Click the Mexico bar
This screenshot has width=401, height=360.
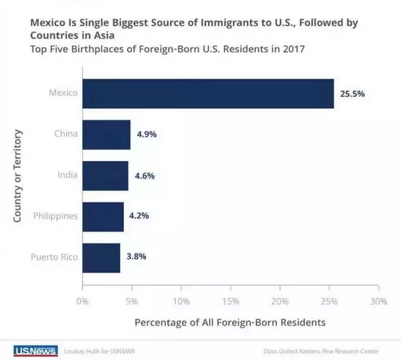coord(208,93)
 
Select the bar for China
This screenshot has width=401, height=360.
coord(106,134)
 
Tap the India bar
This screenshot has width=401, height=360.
coord(105,176)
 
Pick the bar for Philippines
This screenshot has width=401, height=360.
coord(103,216)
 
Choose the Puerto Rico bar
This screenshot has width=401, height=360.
coord(101,258)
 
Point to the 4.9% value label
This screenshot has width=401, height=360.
coord(146,135)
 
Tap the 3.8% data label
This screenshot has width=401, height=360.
coord(136,258)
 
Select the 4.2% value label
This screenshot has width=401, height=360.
coord(139,216)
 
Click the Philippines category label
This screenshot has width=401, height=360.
coord(55,216)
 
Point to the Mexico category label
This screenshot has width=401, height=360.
coord(63,93)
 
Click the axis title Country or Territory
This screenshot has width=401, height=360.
coord(18,176)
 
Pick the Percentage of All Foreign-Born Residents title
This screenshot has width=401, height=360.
coord(230,322)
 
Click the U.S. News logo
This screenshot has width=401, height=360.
coord(35,350)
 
